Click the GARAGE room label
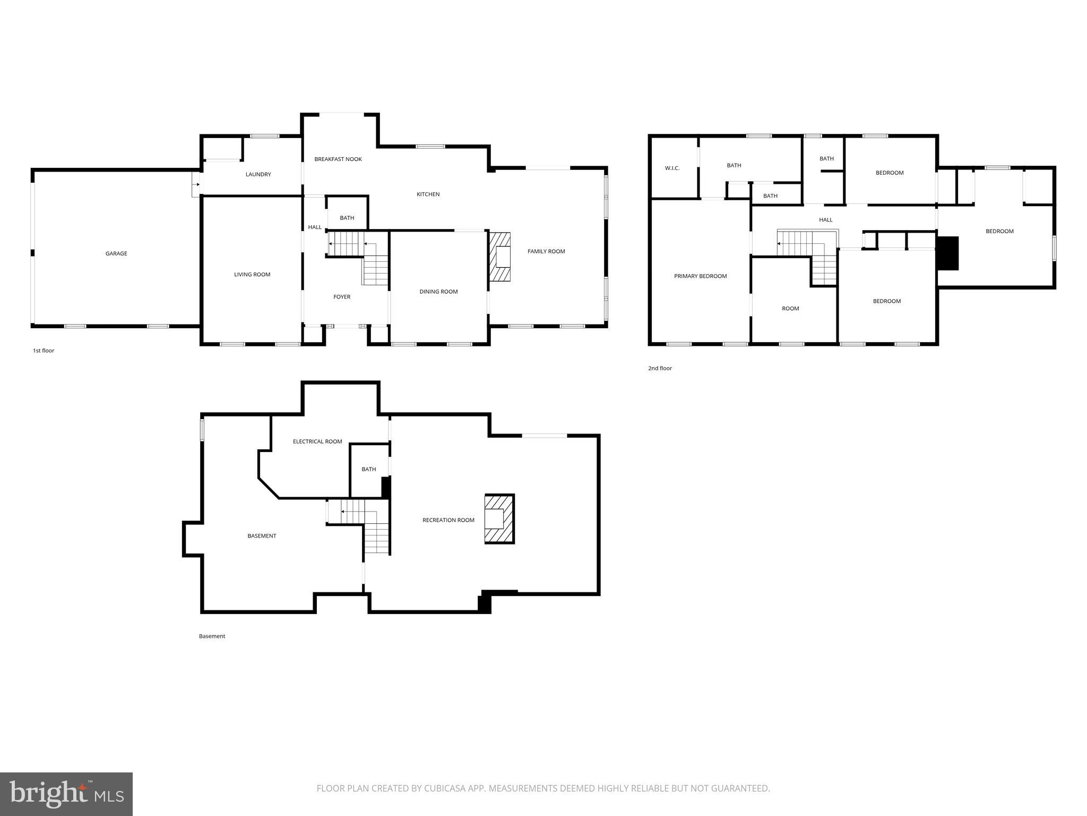tap(116, 254)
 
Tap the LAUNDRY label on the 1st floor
tap(258, 175)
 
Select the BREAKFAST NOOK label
tap(338, 159)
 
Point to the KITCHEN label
tap(428, 194)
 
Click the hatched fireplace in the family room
tap(499, 257)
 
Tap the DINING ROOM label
tap(438, 292)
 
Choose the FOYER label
tap(342, 297)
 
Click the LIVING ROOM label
tap(252, 275)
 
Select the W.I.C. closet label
tap(672, 168)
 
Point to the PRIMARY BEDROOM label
tap(700, 276)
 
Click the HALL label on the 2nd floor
tap(825, 220)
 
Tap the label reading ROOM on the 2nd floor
tap(790, 309)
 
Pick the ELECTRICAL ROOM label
tap(317, 441)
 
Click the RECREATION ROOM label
tap(448, 520)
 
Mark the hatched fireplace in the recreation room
tap(499, 519)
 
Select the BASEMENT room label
tap(262, 536)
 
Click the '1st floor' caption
tap(44, 351)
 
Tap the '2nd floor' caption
tap(660, 368)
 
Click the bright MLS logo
tap(66, 794)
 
